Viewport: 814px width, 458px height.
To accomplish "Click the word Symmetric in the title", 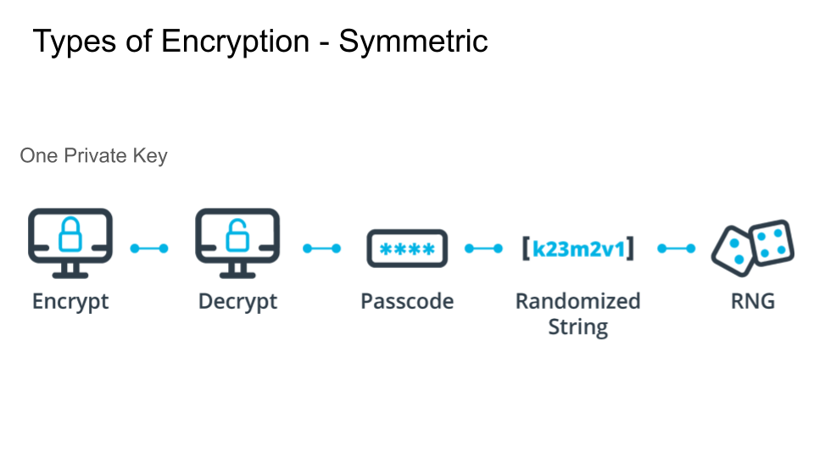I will (413, 41).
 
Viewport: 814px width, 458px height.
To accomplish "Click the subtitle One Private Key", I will (93, 156).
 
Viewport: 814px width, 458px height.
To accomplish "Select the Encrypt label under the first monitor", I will (70, 301).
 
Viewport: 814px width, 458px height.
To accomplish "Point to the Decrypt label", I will (237, 301).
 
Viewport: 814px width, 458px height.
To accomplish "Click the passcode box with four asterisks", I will (407, 249).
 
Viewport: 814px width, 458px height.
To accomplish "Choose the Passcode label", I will (407, 301).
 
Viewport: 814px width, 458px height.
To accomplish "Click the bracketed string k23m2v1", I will (577, 249).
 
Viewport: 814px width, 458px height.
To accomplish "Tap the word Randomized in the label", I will (577, 301).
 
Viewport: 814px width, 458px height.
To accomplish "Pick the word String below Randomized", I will (577, 327).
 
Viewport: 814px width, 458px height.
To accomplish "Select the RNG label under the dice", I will (753, 301).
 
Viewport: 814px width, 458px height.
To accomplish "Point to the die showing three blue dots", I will (733, 250).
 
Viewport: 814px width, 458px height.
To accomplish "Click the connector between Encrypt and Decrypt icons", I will (149, 249).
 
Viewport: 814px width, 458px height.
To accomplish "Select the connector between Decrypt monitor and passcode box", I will (322, 249).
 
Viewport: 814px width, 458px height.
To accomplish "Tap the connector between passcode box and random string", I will (483, 249).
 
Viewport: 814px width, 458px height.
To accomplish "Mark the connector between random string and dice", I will (677, 249).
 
